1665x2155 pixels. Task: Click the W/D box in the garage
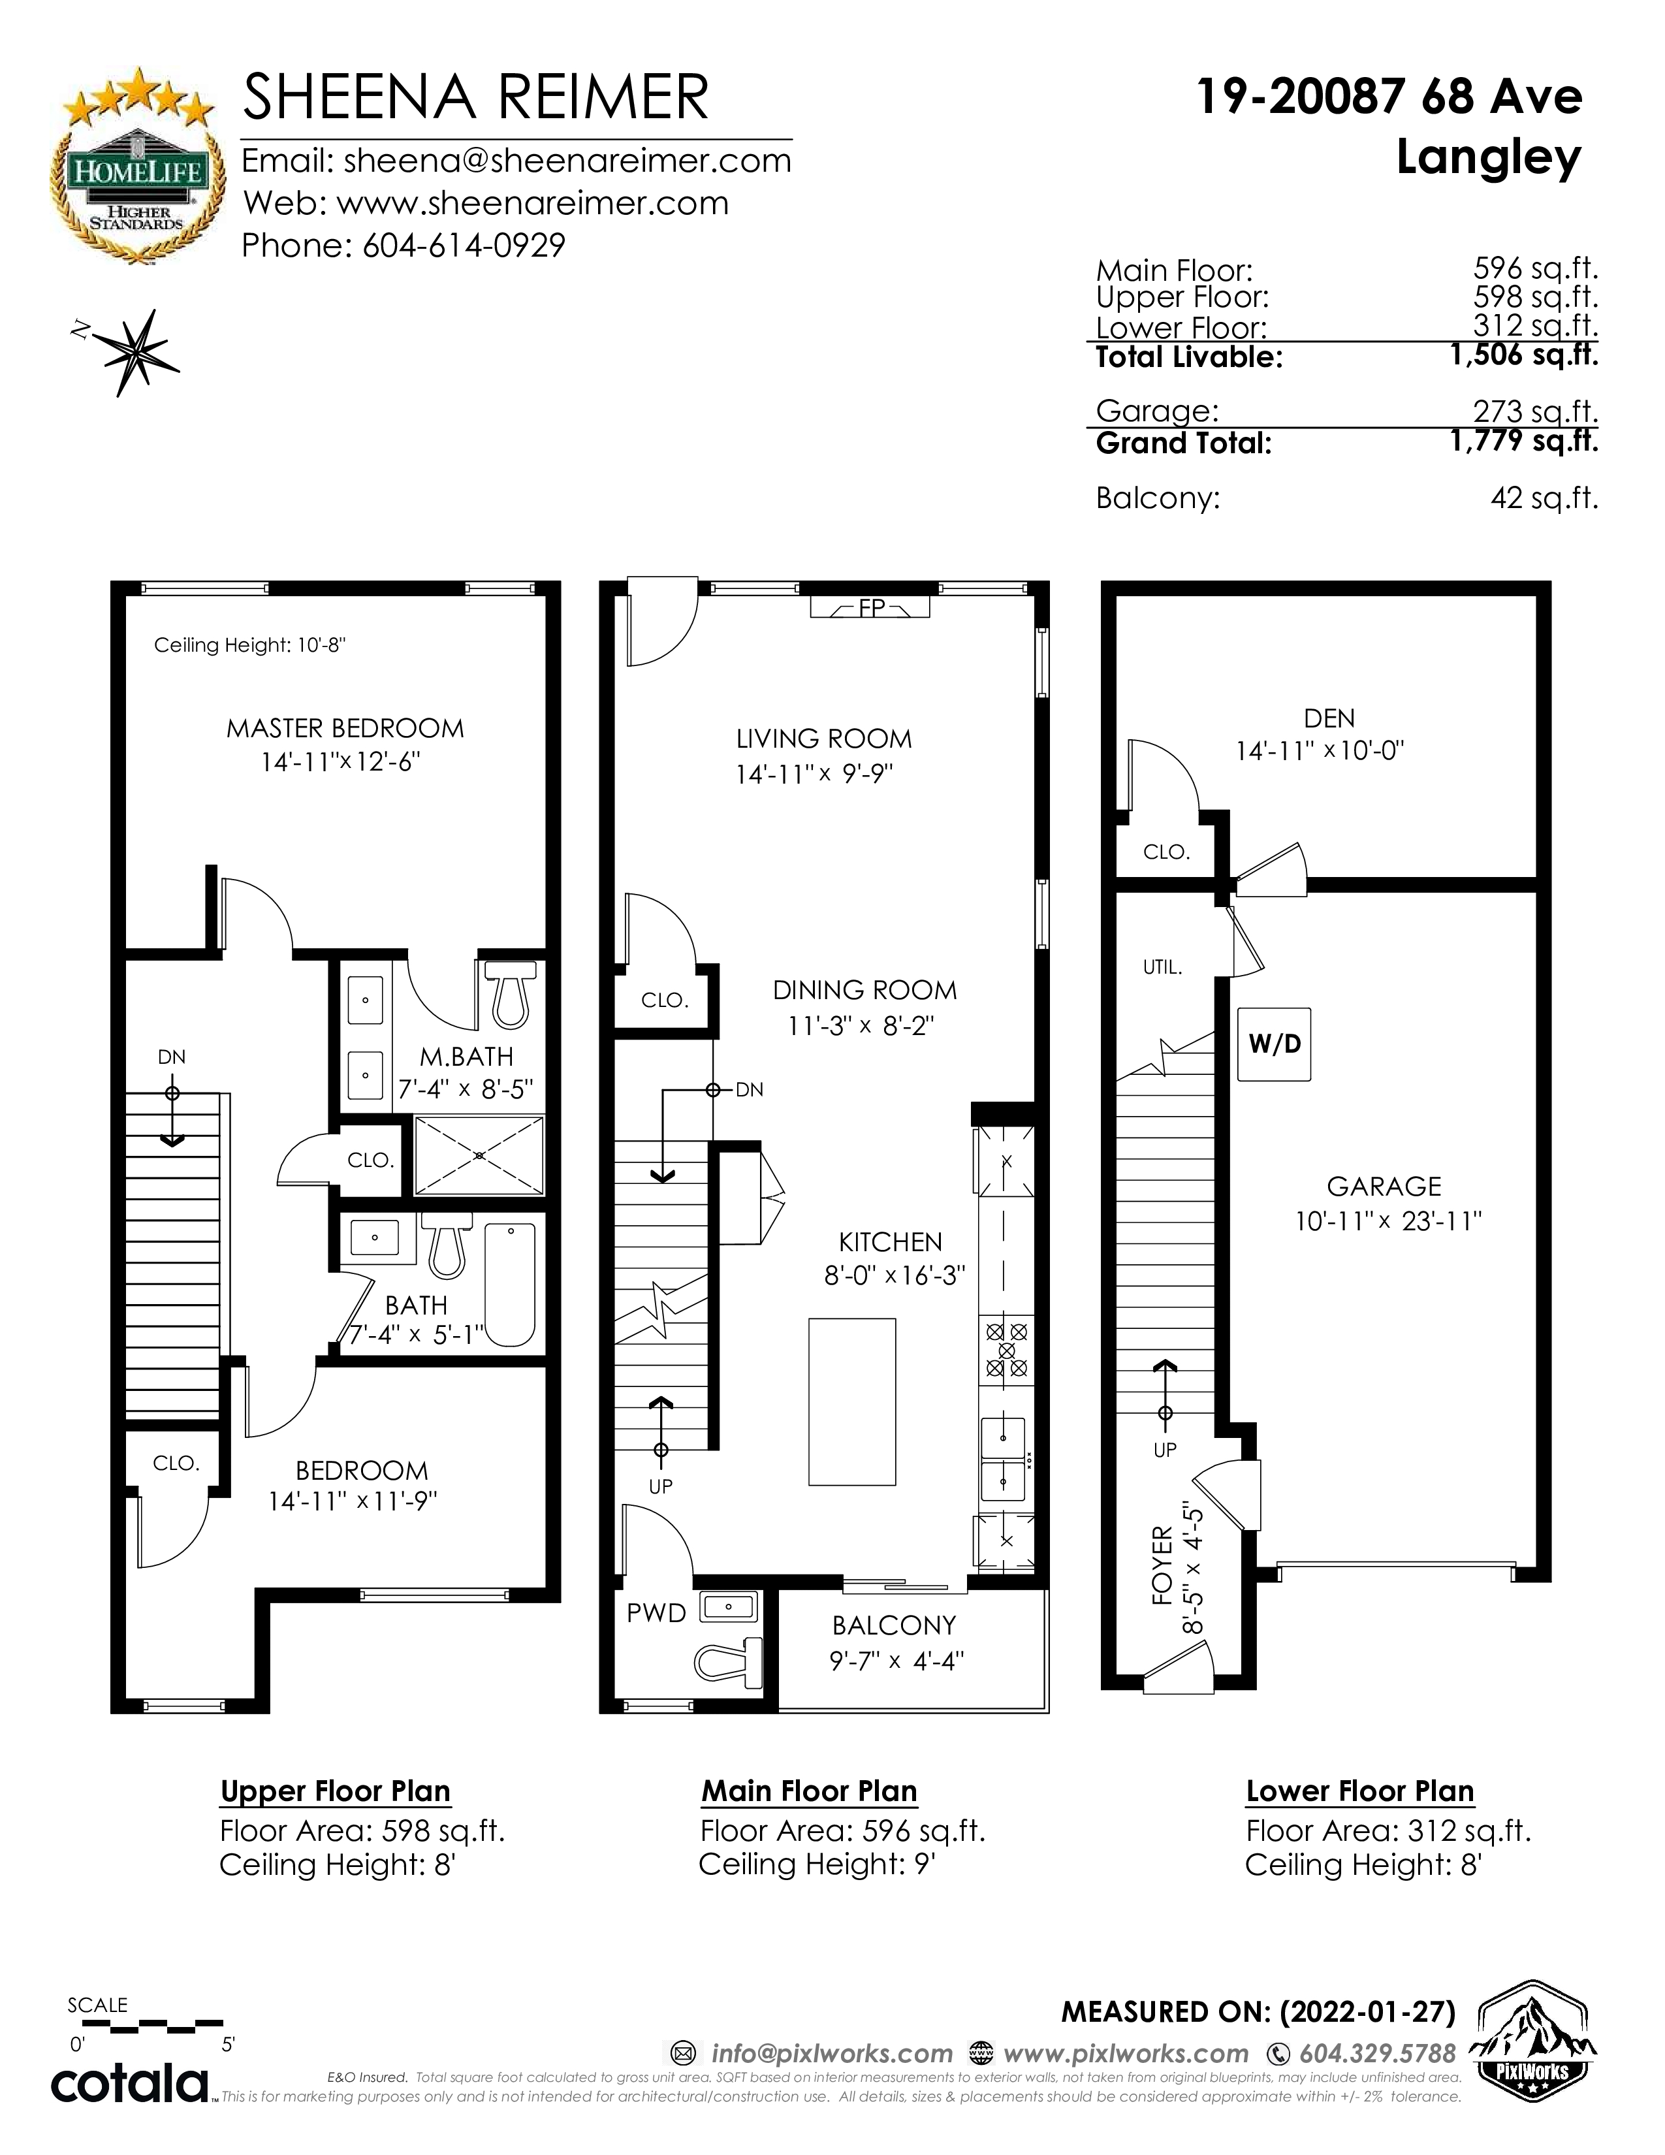tap(1275, 1044)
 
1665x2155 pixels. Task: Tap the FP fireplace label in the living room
tap(872, 609)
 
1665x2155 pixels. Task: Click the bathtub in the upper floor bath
tap(510, 1285)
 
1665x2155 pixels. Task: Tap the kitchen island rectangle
tap(852, 1401)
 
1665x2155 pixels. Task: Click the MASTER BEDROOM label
tap(345, 728)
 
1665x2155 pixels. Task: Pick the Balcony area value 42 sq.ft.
tap(1544, 498)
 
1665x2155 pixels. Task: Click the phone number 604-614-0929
tap(464, 245)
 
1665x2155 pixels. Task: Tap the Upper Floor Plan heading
tap(336, 1791)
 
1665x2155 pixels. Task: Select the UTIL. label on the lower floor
tap(1162, 968)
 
